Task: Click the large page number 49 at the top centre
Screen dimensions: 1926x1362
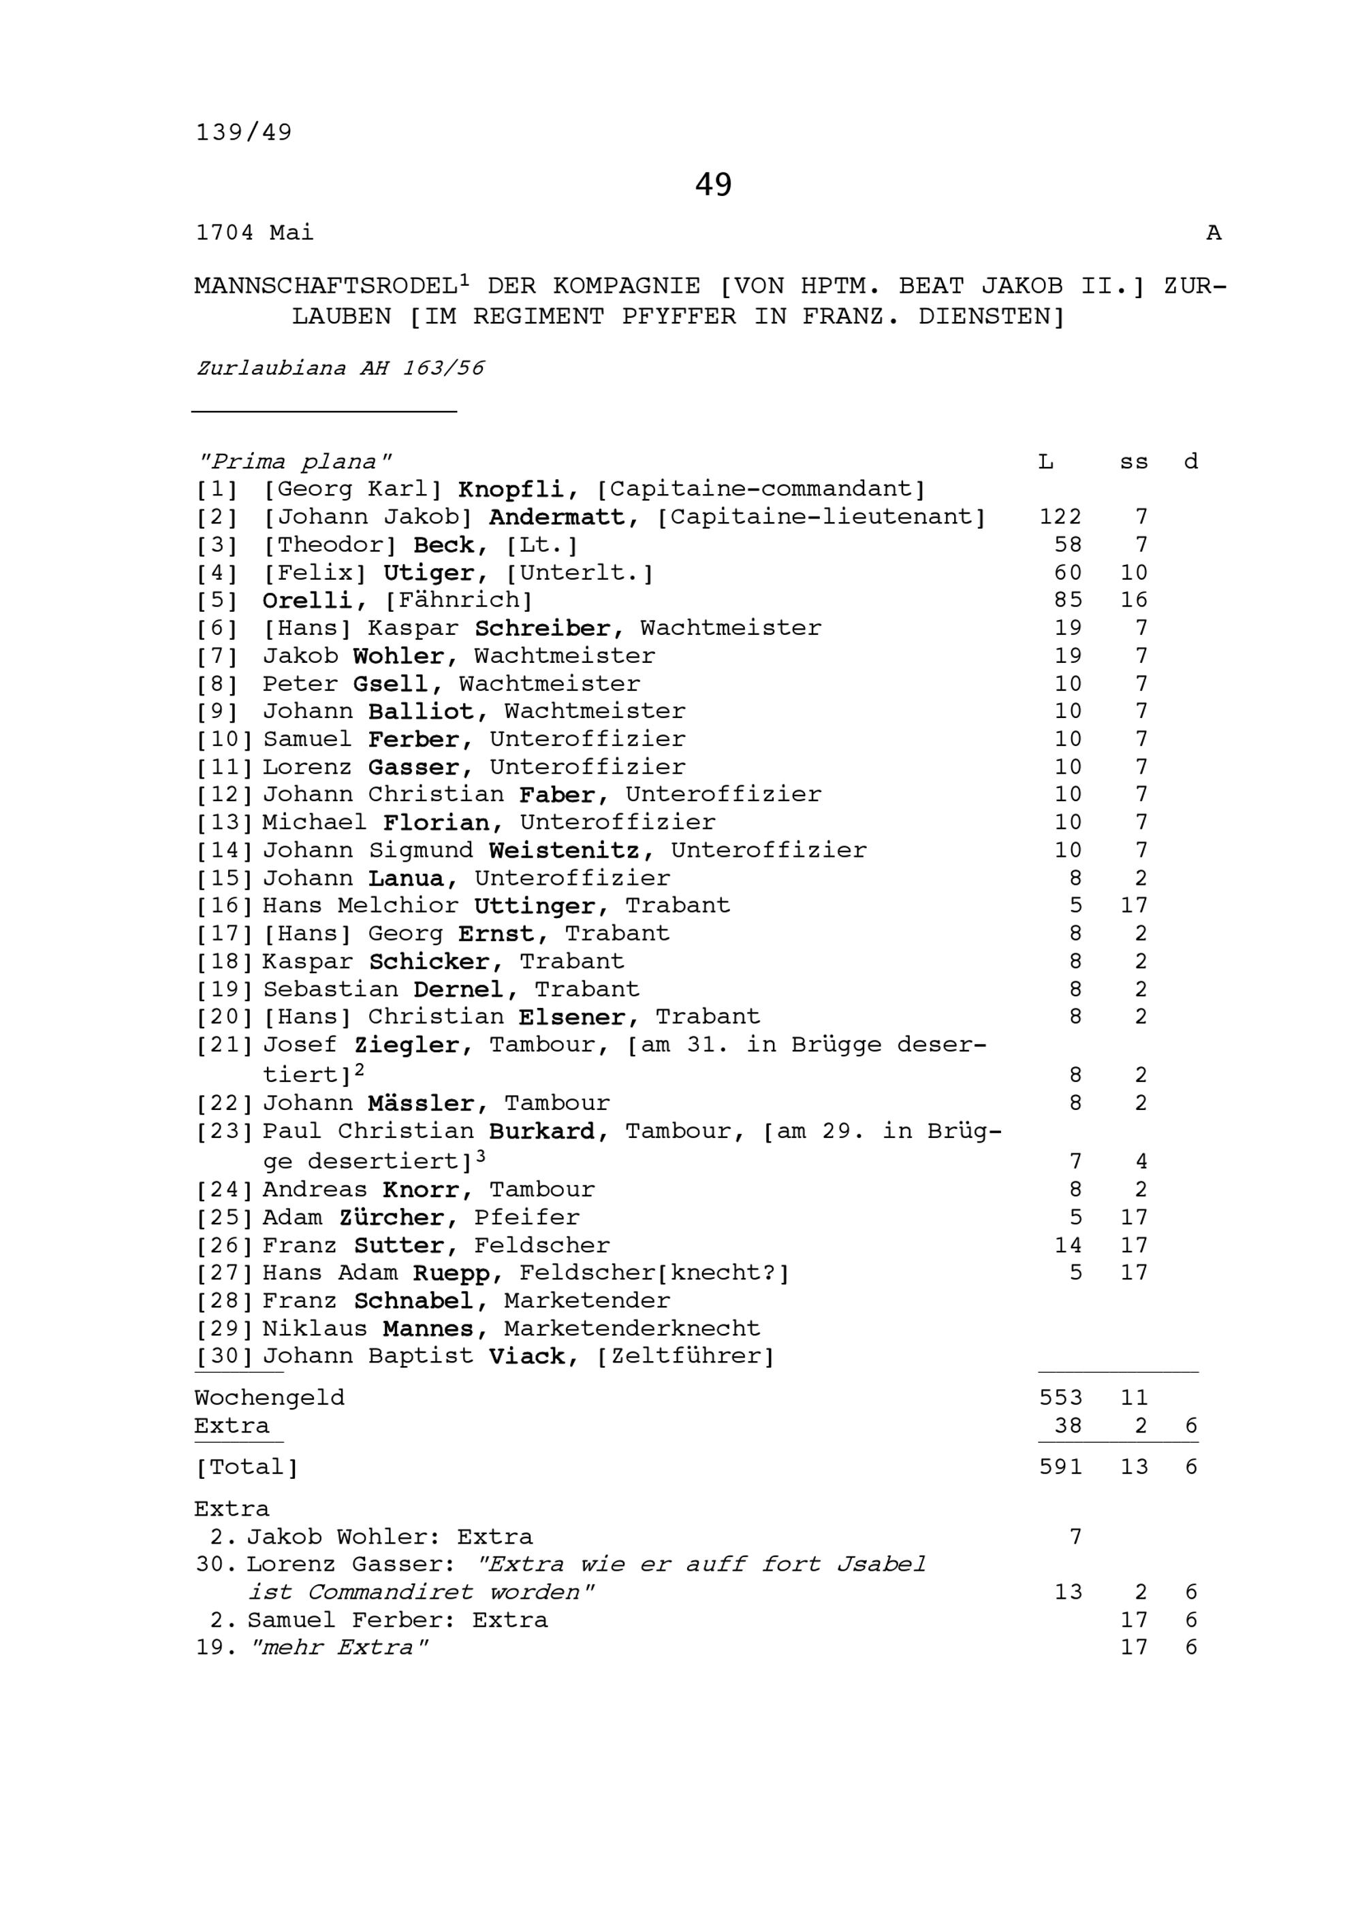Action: (x=712, y=184)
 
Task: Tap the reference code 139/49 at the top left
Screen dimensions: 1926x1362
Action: (x=244, y=133)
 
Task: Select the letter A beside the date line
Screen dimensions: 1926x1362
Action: (x=1213, y=233)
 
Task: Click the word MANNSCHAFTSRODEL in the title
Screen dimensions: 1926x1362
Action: (x=326, y=287)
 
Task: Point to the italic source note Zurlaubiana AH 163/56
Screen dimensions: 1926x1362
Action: (x=340, y=368)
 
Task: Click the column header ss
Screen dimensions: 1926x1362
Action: (x=1133, y=462)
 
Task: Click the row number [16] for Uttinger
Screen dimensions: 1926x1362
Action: (x=224, y=906)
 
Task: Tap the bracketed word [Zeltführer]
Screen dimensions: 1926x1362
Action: (x=686, y=1356)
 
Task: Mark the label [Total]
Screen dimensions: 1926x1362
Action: (x=247, y=1467)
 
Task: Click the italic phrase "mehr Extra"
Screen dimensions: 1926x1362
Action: (x=339, y=1648)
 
